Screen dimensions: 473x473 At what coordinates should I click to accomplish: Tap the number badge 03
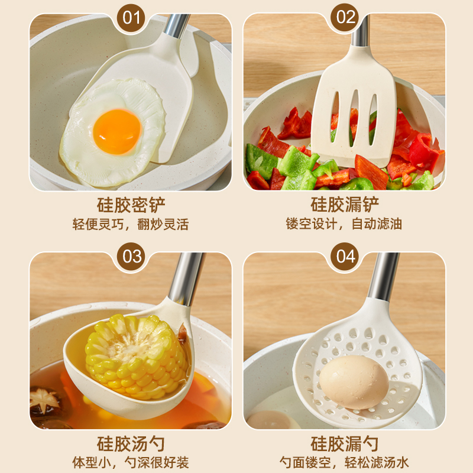point(131,257)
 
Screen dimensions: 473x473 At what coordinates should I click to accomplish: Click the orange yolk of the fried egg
point(117,130)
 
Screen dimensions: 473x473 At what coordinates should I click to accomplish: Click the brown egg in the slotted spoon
point(354,381)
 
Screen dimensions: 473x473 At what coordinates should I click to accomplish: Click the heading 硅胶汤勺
point(131,443)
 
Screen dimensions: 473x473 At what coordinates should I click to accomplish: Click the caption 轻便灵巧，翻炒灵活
point(131,225)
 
